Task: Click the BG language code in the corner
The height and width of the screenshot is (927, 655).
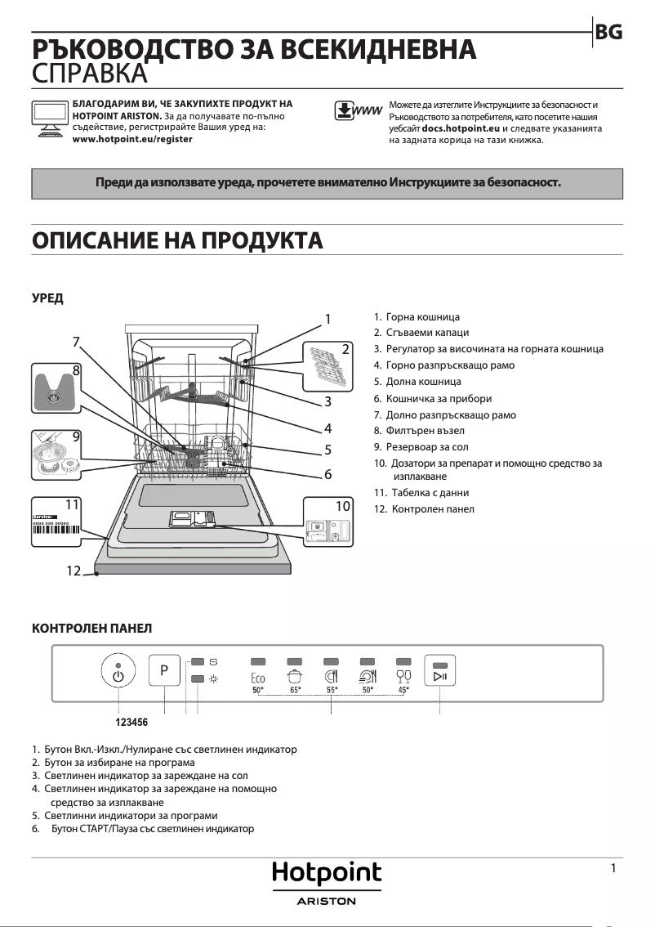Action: [609, 32]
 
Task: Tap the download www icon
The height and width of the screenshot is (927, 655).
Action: [359, 111]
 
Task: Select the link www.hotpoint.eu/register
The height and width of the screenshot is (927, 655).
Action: [132, 140]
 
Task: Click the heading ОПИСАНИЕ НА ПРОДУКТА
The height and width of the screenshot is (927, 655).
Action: [177, 240]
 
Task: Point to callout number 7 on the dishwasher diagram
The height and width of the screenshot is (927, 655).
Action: [75, 342]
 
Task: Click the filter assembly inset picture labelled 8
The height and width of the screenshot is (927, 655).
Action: [57, 389]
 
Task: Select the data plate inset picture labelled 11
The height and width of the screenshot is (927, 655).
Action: [57, 522]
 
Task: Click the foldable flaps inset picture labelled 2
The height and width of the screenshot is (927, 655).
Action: [328, 365]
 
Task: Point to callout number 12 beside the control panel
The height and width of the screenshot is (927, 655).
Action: [74, 571]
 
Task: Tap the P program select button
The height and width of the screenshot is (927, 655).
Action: [164, 670]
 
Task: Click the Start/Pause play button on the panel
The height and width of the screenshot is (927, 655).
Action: [439, 672]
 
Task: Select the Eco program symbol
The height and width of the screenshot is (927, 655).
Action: [258, 677]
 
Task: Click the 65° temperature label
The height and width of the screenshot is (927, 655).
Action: [296, 691]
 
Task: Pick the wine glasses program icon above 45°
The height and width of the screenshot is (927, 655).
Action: [403, 676]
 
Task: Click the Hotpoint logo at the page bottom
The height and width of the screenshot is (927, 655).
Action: [327, 874]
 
